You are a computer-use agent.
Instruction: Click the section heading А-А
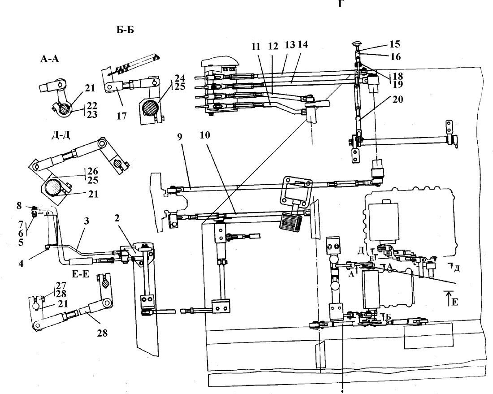(x=50, y=58)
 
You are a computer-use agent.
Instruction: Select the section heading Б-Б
(x=125, y=30)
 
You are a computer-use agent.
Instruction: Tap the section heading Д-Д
(x=61, y=135)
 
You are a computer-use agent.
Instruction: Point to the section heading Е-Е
(x=81, y=274)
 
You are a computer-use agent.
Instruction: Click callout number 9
(x=180, y=138)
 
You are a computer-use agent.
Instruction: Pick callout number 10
(x=205, y=135)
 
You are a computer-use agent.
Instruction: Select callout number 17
(x=121, y=116)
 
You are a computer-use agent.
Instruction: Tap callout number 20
(x=398, y=100)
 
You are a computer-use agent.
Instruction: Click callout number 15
(x=394, y=44)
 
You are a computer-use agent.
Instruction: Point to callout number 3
(x=86, y=221)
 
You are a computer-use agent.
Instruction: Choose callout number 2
(x=117, y=218)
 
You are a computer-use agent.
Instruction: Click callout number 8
(x=19, y=206)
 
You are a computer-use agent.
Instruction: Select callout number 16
(x=396, y=56)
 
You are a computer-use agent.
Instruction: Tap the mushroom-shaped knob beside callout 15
(x=358, y=43)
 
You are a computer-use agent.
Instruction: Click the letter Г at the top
(x=341, y=4)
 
